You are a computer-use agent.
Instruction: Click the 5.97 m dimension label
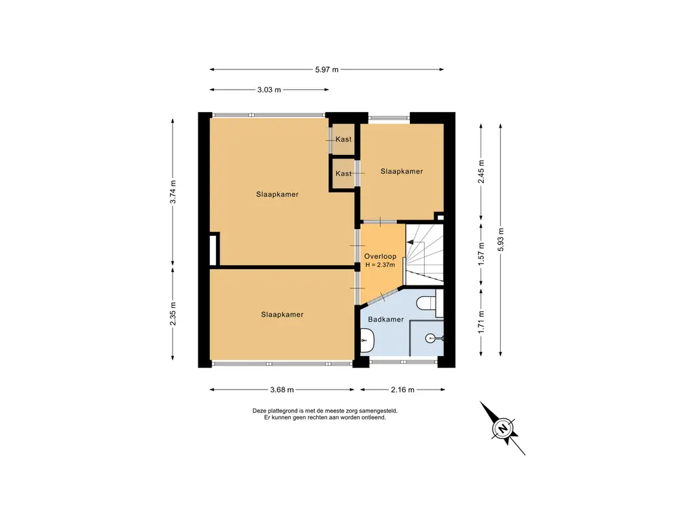coord(327,69)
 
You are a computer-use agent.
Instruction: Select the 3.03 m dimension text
coord(269,90)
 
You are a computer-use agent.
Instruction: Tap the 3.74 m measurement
coord(173,192)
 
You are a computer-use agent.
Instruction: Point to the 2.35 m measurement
coord(173,314)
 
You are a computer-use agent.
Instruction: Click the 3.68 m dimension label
coord(282,389)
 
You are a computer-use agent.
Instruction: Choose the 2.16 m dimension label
coord(402,389)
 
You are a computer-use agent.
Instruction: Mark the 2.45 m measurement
coord(481,171)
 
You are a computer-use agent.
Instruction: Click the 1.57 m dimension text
coord(481,254)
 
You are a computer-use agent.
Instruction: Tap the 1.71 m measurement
coord(481,322)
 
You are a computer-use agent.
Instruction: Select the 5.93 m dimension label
coord(501,240)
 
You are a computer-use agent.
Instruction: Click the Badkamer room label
coord(386,319)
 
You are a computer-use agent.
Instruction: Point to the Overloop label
coord(380,256)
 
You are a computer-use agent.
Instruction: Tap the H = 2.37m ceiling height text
coord(380,265)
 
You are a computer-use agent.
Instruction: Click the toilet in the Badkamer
coord(427,302)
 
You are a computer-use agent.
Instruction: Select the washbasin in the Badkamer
coord(367,341)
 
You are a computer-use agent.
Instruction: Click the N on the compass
coord(503,429)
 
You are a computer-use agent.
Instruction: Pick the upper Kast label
coord(343,139)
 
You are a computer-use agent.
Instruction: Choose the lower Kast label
coord(343,173)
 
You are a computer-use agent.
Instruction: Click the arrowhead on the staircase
coord(410,243)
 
